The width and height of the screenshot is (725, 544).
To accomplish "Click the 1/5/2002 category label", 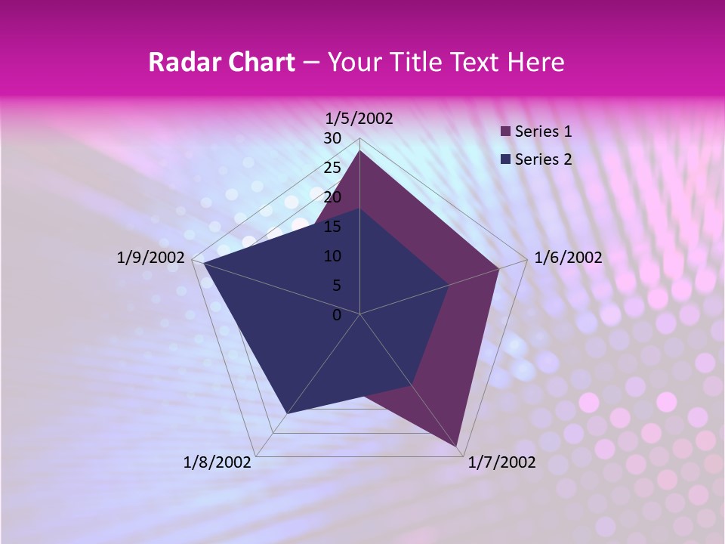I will pos(359,118).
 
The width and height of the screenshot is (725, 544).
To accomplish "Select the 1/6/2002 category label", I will pos(568,258).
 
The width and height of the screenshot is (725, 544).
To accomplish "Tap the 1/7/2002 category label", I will pos(502,462).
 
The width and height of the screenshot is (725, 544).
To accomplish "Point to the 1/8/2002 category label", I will pos(217,462).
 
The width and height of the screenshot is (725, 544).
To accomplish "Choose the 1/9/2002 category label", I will pos(151,258).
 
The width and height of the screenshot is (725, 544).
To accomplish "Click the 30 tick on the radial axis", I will pos(332,138).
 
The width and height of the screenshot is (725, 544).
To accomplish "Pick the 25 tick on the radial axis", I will pos(332,168).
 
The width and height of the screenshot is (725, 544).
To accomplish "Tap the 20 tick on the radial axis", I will pos(332,197).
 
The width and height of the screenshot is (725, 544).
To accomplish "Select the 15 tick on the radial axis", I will pos(332,227).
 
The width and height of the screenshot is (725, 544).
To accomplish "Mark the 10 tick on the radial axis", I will pos(332,256).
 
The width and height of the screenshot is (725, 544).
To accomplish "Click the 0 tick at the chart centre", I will pos(337,315).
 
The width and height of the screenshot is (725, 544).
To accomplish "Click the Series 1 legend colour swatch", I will pos(506,131).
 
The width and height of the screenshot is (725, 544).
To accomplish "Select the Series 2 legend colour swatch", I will pos(506,159).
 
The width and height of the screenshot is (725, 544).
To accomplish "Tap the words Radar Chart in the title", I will pos(221,62).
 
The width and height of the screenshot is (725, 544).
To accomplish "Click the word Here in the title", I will pos(536,62).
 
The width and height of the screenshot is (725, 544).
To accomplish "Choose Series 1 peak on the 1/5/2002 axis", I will pos(359,151).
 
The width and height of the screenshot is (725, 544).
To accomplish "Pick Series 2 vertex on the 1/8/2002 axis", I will pos(285,414).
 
